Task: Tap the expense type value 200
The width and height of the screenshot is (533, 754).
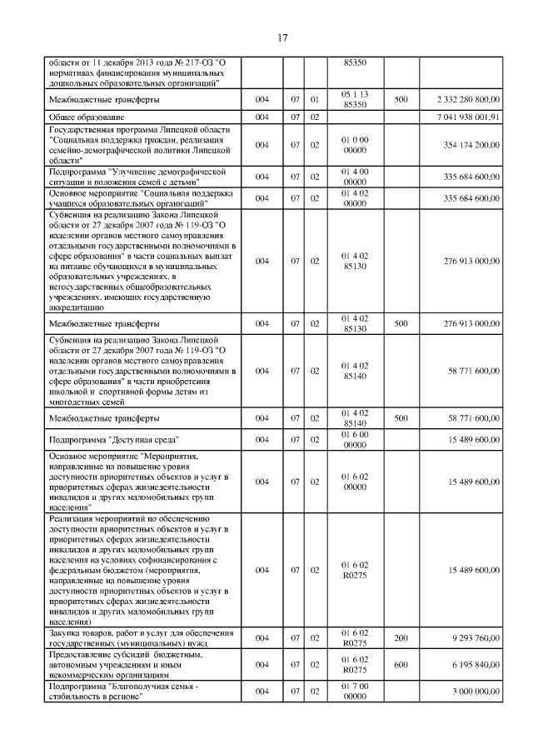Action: point(401,638)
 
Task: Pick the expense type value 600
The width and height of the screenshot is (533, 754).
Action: point(401,665)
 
